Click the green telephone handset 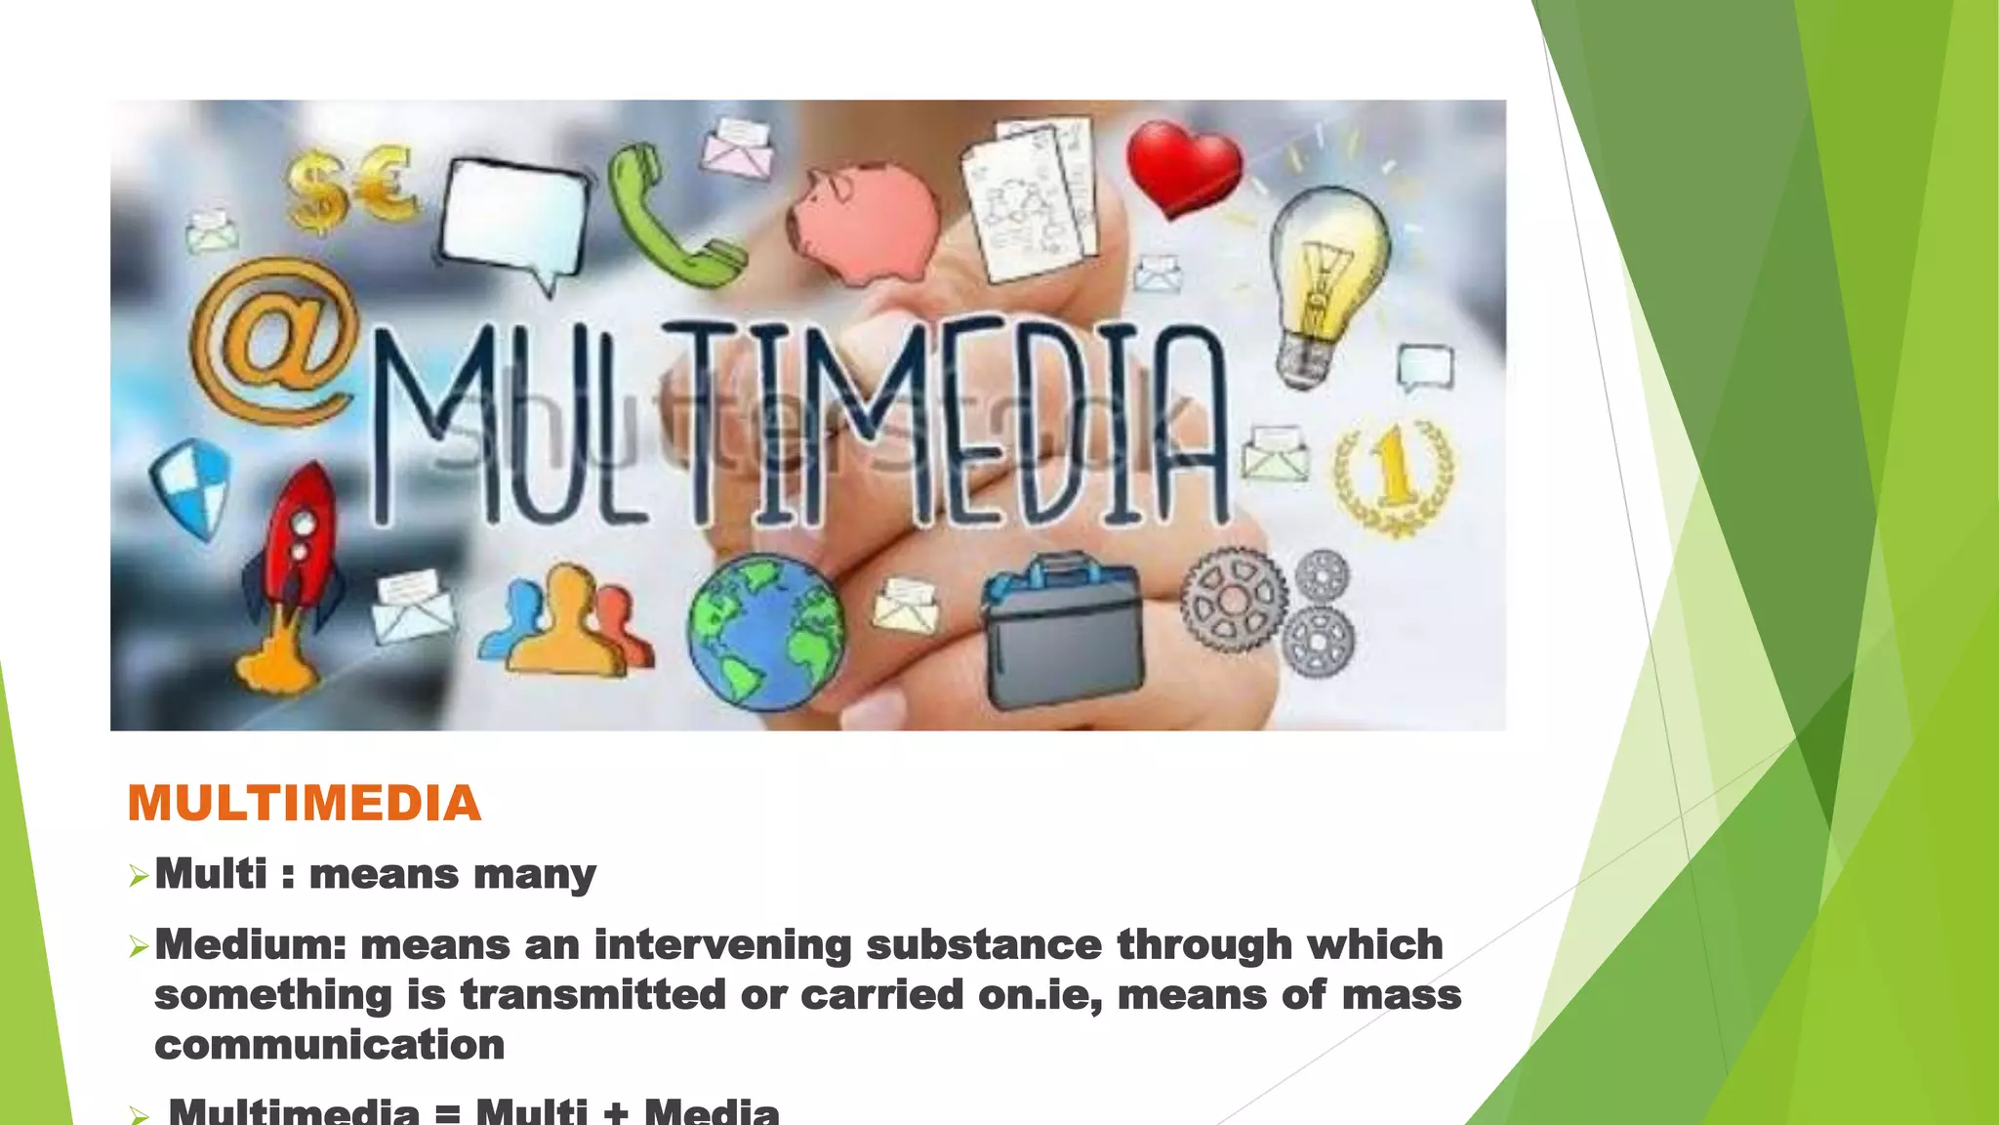click(669, 220)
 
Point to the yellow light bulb click(1327, 283)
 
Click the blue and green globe click(766, 630)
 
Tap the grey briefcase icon click(1062, 630)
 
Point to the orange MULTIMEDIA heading click(305, 804)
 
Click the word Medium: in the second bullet click(251, 945)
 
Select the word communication click(330, 1045)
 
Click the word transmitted click(593, 995)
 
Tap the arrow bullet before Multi click(139, 876)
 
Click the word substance click(984, 945)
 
